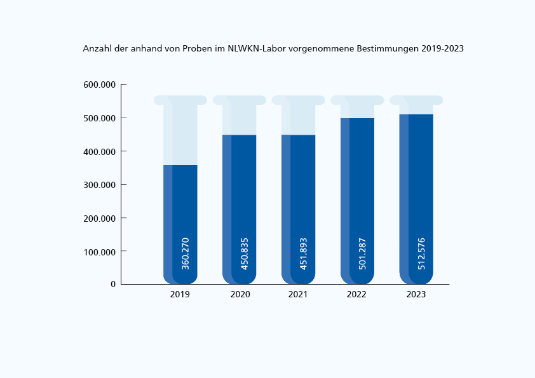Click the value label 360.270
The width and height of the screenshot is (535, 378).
pyautogui.click(x=186, y=253)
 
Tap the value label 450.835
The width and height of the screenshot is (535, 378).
pyautogui.click(x=245, y=253)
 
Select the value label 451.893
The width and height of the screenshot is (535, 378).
pyautogui.click(x=304, y=253)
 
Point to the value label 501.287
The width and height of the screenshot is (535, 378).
pyautogui.click(x=363, y=253)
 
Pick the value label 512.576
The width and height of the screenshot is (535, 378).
pyautogui.click(x=422, y=253)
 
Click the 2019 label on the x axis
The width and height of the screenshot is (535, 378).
pyautogui.click(x=180, y=295)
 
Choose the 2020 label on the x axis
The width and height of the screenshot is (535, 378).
pyautogui.click(x=240, y=295)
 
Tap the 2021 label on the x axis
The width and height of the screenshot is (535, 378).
pyautogui.click(x=298, y=295)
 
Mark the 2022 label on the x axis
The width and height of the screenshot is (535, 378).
pyautogui.click(x=357, y=295)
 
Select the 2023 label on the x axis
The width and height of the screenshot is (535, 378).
pyautogui.click(x=416, y=295)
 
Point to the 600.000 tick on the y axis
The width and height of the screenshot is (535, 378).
pyautogui.click(x=100, y=85)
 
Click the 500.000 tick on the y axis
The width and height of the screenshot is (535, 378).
pyautogui.click(x=100, y=118)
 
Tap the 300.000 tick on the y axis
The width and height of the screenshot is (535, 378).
pyautogui.click(x=100, y=185)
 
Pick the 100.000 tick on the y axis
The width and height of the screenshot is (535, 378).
pyautogui.click(x=100, y=252)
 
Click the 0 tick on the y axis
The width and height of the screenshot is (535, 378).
pyautogui.click(x=113, y=285)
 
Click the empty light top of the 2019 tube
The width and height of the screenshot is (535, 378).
pyautogui.click(x=180, y=133)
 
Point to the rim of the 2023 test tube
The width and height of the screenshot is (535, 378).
pyautogui.click(x=416, y=100)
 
